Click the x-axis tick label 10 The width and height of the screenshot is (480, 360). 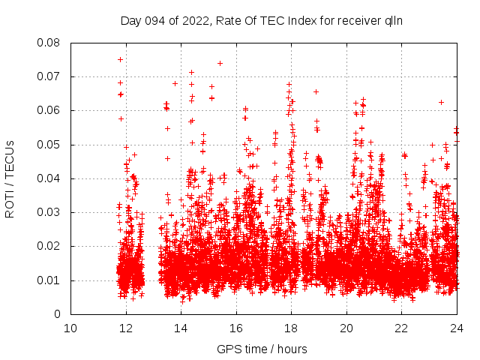tap(70, 328)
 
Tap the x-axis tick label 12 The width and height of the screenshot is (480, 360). tap(125, 328)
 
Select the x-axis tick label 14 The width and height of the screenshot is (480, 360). tap(181, 328)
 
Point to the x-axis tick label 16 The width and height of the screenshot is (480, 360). tap(236, 328)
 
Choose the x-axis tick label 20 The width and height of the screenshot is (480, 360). tap(346, 328)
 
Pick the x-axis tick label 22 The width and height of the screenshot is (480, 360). tap(401, 328)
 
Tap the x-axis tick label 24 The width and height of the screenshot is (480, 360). tap(457, 328)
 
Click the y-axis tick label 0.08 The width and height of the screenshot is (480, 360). tap(49, 43)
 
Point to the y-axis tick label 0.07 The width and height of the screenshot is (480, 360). tap(49, 76)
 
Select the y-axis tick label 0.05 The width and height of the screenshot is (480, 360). tap(49, 145)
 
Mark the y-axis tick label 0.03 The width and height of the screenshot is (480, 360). tap(49, 212)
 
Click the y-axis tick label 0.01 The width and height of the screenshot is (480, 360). tap(49, 280)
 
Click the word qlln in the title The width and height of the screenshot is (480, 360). tap(394, 20)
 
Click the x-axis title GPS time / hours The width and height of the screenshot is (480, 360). tap(262, 349)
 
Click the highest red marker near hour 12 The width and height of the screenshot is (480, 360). tap(120, 59)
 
